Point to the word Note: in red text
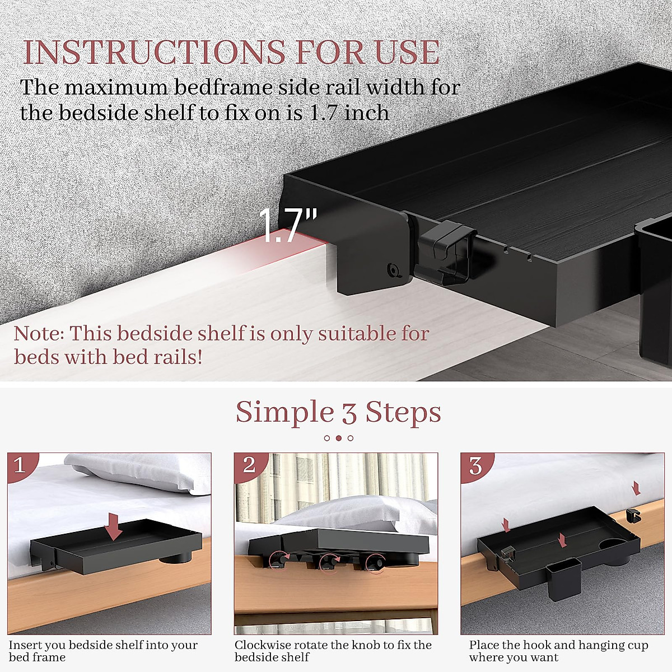[38, 334]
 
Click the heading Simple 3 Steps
[338, 413]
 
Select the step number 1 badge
[20, 465]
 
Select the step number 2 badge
[249, 465]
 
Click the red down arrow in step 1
[115, 527]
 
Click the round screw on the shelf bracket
[394, 271]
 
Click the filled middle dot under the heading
[338, 438]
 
